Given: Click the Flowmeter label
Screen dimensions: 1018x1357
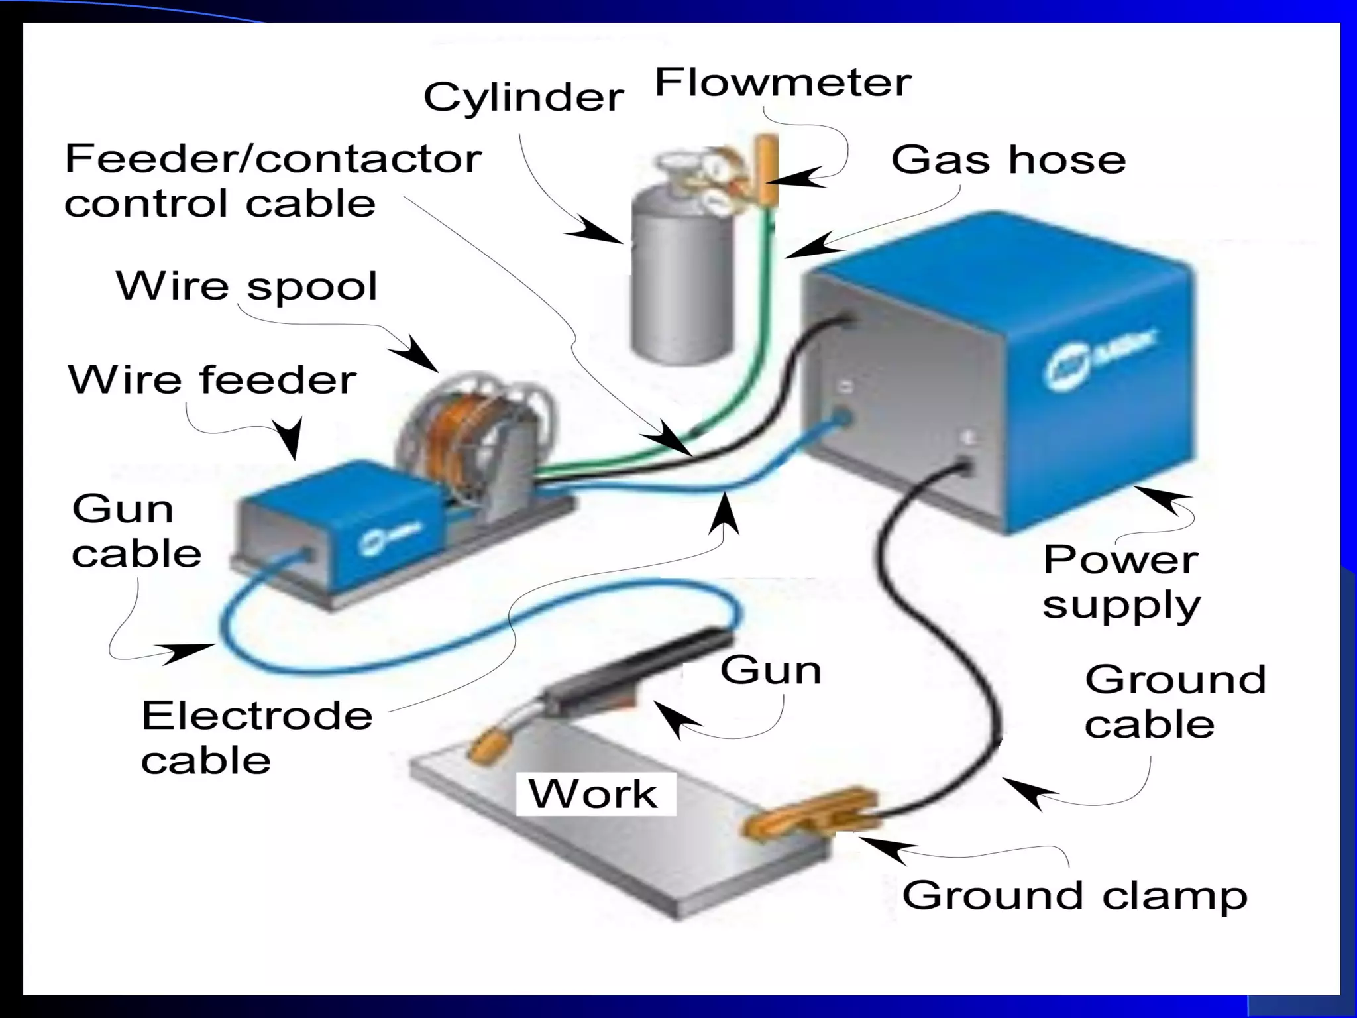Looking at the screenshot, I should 783,83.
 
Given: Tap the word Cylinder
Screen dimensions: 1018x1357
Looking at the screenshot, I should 523,97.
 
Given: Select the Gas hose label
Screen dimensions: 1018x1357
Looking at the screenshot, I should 1008,160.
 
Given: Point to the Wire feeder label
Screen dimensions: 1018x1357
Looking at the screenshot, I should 212,380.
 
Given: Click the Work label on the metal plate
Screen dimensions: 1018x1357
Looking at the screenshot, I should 594,793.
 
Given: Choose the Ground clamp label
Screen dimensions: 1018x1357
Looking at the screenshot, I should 1074,896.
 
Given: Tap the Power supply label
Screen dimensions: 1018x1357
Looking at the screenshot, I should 1121,582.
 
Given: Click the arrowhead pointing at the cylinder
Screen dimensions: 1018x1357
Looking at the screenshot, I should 600,231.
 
